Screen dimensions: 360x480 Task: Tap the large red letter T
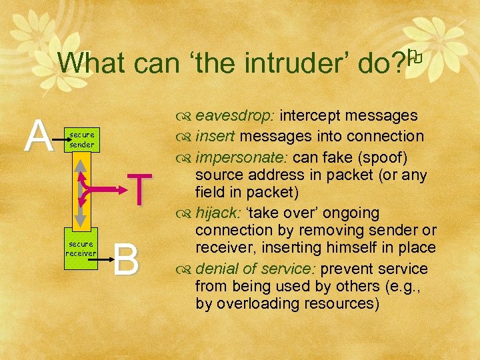138,189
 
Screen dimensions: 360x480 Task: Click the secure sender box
83,139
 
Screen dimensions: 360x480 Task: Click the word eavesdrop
235,115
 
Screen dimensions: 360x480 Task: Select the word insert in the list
216,136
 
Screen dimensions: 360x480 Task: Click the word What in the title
89,63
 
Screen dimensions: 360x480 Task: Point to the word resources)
339,303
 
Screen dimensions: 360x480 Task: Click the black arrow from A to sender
63,141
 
